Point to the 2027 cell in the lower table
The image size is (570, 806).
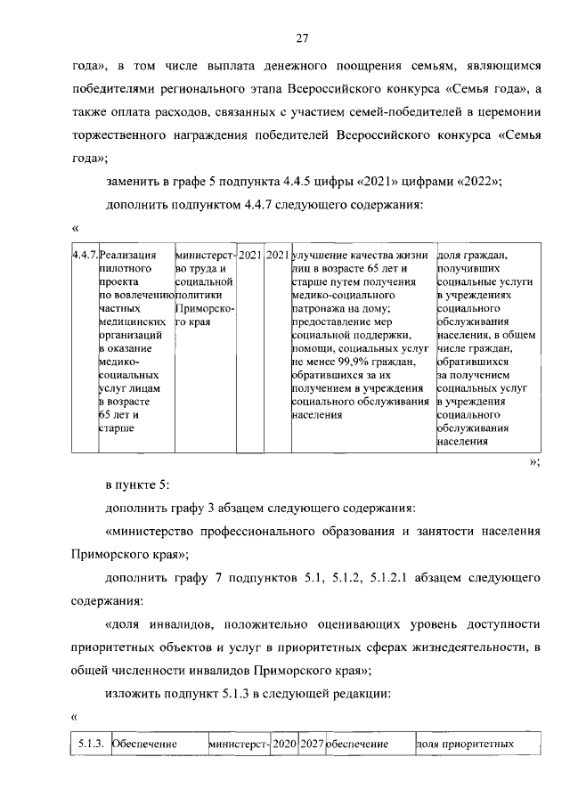tap(311, 743)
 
